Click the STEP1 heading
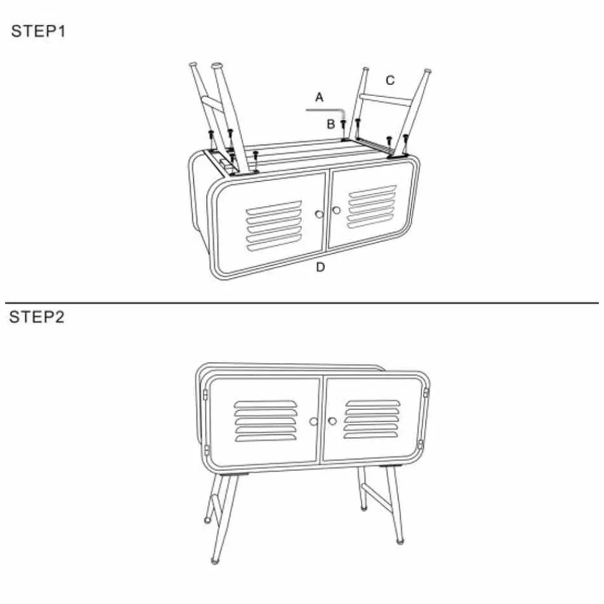pyautogui.click(x=38, y=31)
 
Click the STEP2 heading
pyautogui.click(x=37, y=317)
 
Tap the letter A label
pyautogui.click(x=319, y=97)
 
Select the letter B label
pyautogui.click(x=331, y=124)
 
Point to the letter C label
pyautogui.click(x=390, y=80)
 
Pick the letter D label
pyautogui.click(x=320, y=267)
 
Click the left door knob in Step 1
pyautogui.click(x=319, y=214)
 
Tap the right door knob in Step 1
pyautogui.click(x=336, y=210)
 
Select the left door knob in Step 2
pyautogui.click(x=313, y=422)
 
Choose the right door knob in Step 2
pyautogui.click(x=332, y=421)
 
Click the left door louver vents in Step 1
pyautogui.click(x=274, y=226)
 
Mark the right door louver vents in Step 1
pyautogui.click(x=371, y=207)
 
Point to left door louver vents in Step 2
pyautogui.click(x=266, y=421)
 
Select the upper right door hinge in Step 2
pyautogui.click(x=426, y=393)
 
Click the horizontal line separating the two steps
pyautogui.click(x=301, y=303)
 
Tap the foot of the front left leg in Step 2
pyautogui.click(x=215, y=561)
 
